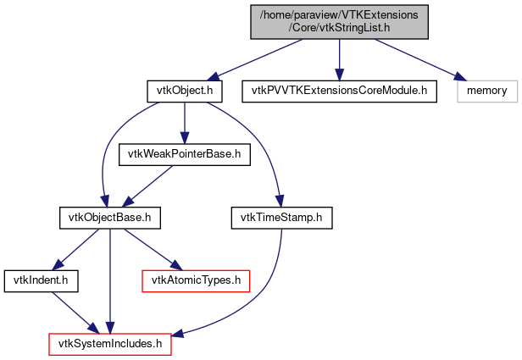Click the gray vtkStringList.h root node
pyautogui.click(x=339, y=20)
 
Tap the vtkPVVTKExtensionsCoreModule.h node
pyautogui.click(x=339, y=90)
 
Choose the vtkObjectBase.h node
pyautogui.click(x=110, y=218)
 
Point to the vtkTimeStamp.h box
pyautogui.click(x=281, y=218)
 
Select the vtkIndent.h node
pyautogui.click(x=30, y=278)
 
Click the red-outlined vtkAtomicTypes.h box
pyautogui.click(x=196, y=278)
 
